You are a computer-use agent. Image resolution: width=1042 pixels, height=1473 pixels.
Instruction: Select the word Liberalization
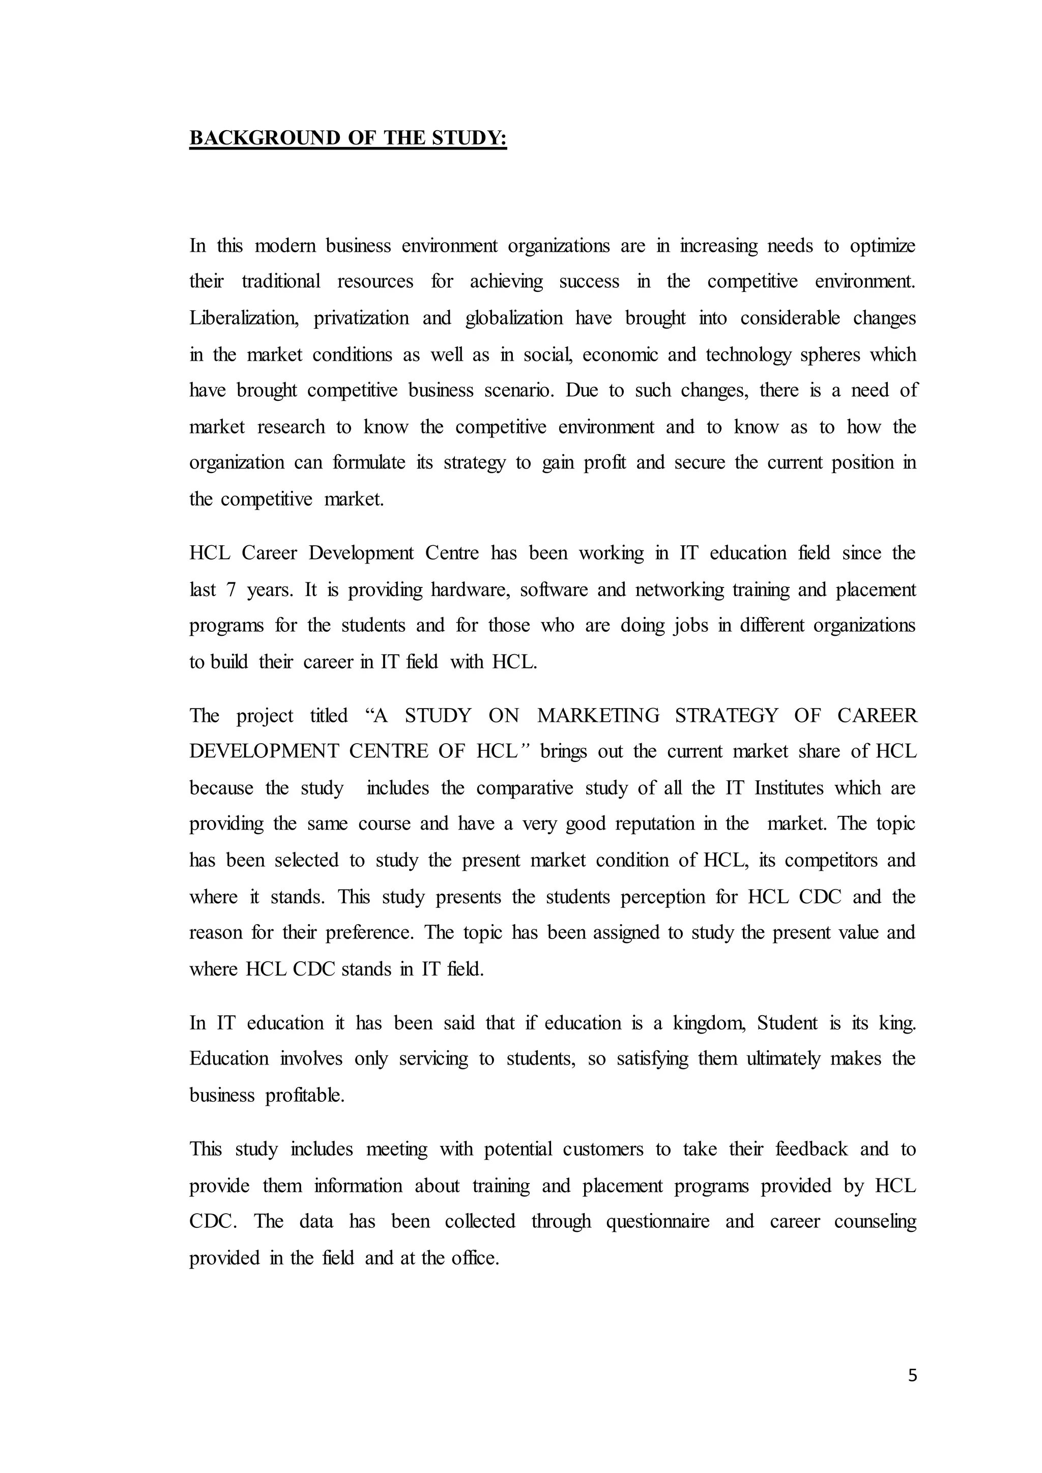tap(244, 319)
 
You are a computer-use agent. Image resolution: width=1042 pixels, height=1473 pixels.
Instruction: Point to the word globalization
tap(514, 319)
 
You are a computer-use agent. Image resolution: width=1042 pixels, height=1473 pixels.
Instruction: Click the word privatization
tap(361, 319)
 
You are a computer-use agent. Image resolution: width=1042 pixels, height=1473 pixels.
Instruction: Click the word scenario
tap(518, 391)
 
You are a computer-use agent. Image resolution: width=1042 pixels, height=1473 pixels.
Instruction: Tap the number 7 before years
tap(231, 590)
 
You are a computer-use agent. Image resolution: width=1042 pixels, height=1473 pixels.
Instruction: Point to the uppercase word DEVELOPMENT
tap(264, 751)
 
